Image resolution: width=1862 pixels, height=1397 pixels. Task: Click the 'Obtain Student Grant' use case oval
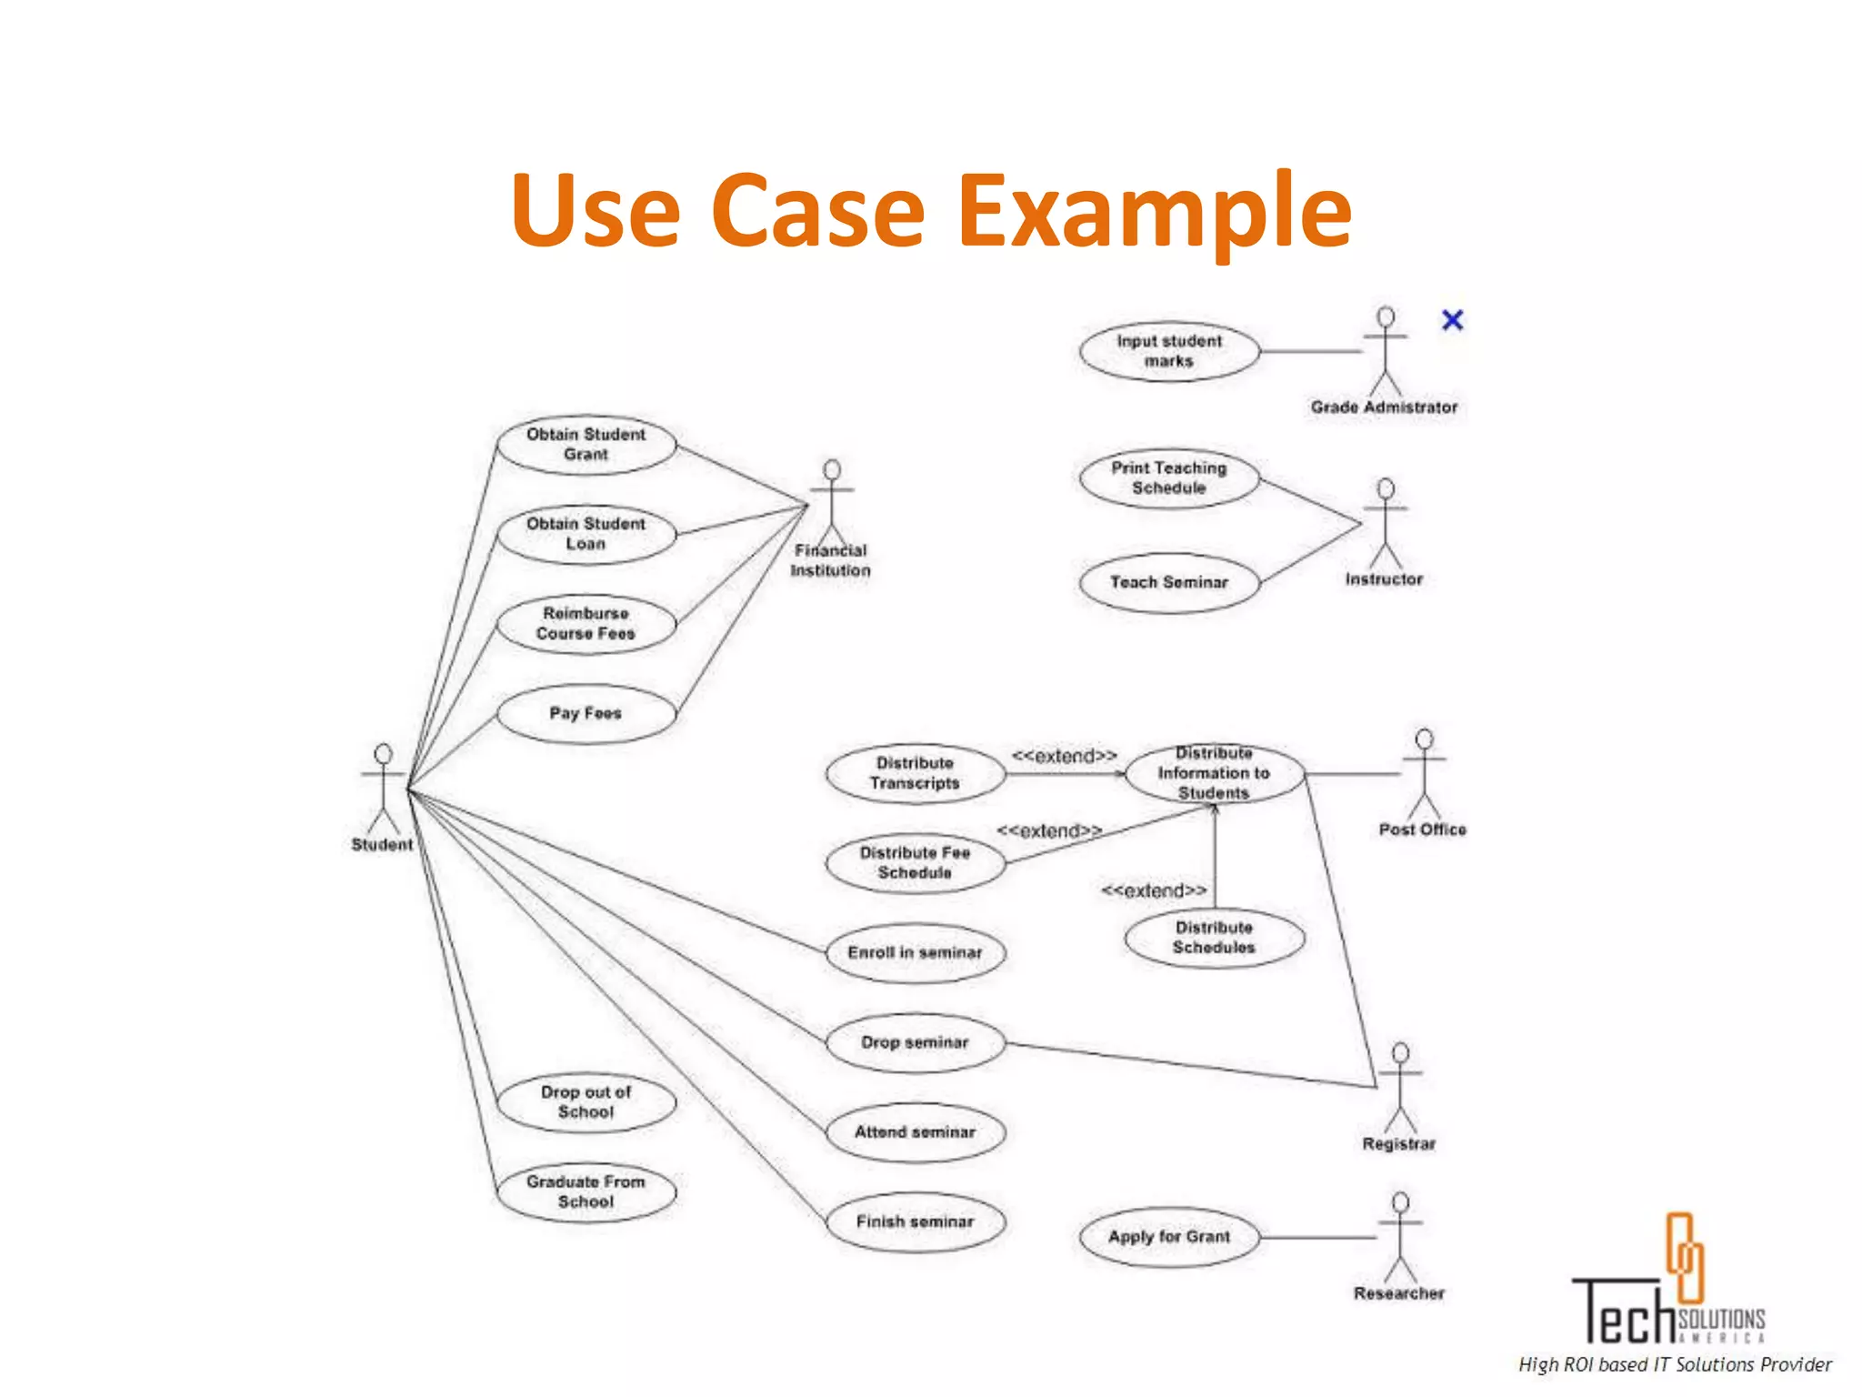[586, 445]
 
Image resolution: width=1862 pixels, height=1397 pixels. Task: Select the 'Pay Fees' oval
[586, 713]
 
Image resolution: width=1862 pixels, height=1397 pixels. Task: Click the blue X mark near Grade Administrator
[1452, 320]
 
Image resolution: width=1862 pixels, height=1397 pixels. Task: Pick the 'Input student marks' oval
[1169, 351]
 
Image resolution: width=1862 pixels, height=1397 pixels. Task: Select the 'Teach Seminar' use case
[1169, 582]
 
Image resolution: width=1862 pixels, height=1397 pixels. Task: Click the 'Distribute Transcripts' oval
[915, 773]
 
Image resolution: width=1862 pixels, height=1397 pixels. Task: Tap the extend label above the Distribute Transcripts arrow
[1064, 756]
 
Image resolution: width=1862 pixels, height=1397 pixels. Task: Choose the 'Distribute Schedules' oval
[1214, 938]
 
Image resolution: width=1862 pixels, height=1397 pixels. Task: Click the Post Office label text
[1422, 829]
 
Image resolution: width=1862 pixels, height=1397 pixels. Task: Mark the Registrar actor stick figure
[1400, 1087]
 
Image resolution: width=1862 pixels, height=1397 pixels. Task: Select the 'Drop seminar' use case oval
[915, 1042]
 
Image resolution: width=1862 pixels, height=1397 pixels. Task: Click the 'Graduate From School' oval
[586, 1191]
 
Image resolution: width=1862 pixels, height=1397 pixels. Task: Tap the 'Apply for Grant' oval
[1169, 1237]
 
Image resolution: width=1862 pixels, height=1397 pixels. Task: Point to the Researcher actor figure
[1400, 1237]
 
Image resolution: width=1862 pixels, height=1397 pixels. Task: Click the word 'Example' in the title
[1155, 211]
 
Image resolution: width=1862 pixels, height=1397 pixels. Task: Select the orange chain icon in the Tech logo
[1684, 1257]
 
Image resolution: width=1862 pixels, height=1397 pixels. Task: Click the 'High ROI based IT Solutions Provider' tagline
[1675, 1364]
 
